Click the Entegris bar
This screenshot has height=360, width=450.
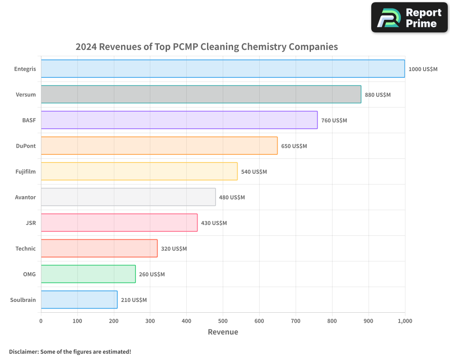click(223, 69)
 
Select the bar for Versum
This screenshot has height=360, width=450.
click(201, 94)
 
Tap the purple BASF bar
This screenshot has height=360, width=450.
click(179, 120)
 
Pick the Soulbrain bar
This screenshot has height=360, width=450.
click(79, 300)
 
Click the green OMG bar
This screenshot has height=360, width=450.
click(88, 274)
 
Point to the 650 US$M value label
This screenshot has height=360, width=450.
click(294, 146)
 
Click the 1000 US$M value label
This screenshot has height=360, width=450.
click(423, 69)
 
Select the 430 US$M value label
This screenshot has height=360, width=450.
click(214, 223)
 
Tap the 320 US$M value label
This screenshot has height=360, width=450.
click(174, 249)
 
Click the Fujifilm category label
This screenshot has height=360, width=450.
click(25, 171)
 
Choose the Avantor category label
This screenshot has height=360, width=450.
click(25, 197)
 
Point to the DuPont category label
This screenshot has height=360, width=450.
click(26, 146)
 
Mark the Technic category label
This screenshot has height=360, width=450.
click(26, 248)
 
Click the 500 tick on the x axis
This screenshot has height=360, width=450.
click(223, 321)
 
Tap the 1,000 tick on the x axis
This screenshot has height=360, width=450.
click(405, 321)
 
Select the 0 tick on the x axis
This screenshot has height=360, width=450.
click(41, 321)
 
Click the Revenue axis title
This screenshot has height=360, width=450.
click(223, 332)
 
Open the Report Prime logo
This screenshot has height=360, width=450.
click(409, 18)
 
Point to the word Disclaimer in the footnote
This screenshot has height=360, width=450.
click(23, 351)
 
